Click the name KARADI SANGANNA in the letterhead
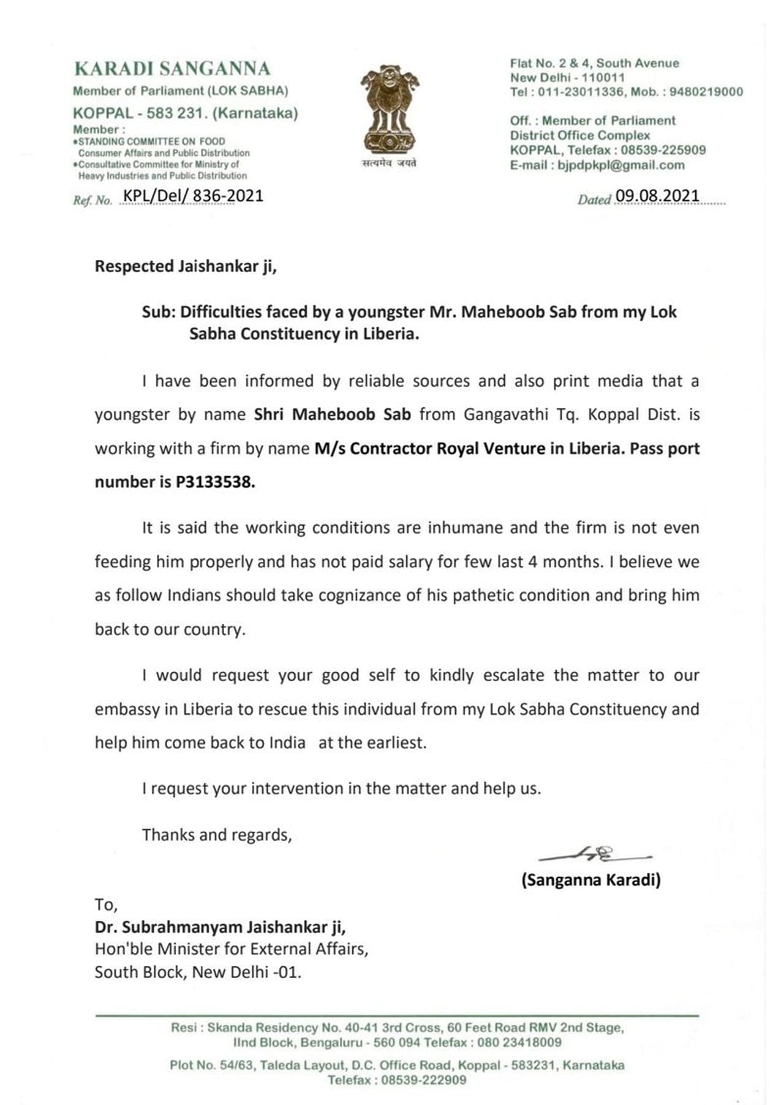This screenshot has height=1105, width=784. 172,69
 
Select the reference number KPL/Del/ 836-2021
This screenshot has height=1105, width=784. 193,196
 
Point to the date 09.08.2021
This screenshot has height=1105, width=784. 657,196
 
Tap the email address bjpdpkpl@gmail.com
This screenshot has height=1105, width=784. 621,165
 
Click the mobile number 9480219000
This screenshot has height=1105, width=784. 706,92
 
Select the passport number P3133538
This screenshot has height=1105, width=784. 215,482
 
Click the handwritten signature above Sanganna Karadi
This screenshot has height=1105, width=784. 594,854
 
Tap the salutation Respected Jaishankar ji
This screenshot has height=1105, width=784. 186,267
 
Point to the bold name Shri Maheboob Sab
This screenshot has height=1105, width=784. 332,414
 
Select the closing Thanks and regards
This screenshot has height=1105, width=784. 217,835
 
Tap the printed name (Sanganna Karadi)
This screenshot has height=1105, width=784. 590,880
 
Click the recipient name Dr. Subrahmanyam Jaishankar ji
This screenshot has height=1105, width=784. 220,927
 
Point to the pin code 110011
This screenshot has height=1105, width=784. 603,78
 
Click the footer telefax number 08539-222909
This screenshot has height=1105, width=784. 423,1080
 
